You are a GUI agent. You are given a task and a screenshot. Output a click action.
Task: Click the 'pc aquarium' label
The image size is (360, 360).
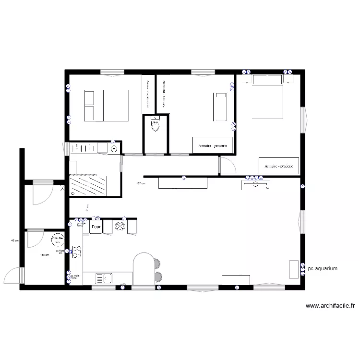pos(324,269)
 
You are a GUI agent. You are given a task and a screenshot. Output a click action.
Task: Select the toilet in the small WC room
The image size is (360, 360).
pos(156,125)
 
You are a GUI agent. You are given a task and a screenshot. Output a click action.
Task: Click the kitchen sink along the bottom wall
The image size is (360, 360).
pos(104,278)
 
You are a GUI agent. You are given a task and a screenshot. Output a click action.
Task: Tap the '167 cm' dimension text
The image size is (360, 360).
pos(140,183)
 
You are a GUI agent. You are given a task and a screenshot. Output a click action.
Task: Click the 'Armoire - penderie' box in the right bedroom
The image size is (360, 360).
pos(279,166)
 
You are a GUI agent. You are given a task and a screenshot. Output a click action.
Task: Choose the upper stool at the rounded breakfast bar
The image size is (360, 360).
pos(157,263)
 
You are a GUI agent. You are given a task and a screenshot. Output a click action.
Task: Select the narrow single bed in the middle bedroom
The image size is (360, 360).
pos(219,107)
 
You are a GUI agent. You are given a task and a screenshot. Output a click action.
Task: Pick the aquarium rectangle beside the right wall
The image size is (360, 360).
pos(293,269)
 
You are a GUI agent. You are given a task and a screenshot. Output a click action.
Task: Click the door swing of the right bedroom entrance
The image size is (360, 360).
pos(227,166)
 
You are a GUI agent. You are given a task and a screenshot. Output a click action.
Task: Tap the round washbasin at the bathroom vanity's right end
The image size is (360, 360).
pos(114,148)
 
